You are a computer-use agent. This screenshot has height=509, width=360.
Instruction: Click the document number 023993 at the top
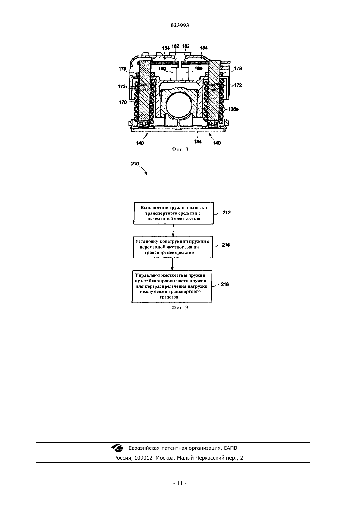180,25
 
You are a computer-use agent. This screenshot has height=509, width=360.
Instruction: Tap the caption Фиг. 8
180,149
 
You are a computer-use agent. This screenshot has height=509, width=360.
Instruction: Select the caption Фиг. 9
180,307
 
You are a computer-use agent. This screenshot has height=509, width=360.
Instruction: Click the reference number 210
135,163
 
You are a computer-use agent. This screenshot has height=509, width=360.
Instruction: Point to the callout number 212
226,212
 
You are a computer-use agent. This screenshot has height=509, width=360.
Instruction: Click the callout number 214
226,245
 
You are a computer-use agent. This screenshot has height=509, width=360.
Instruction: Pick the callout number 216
225,284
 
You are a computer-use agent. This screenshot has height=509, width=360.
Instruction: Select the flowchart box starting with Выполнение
173,213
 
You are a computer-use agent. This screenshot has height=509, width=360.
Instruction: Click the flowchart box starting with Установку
173,247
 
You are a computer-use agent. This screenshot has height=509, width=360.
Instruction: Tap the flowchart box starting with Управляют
171,286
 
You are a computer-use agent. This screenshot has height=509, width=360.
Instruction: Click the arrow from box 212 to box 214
173,230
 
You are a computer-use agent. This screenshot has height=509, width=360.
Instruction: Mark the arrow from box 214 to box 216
172,264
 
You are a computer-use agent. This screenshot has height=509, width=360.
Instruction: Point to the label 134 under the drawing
198,141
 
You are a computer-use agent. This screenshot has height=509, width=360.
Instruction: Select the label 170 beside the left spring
123,102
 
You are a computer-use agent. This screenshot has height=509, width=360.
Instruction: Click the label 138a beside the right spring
233,109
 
